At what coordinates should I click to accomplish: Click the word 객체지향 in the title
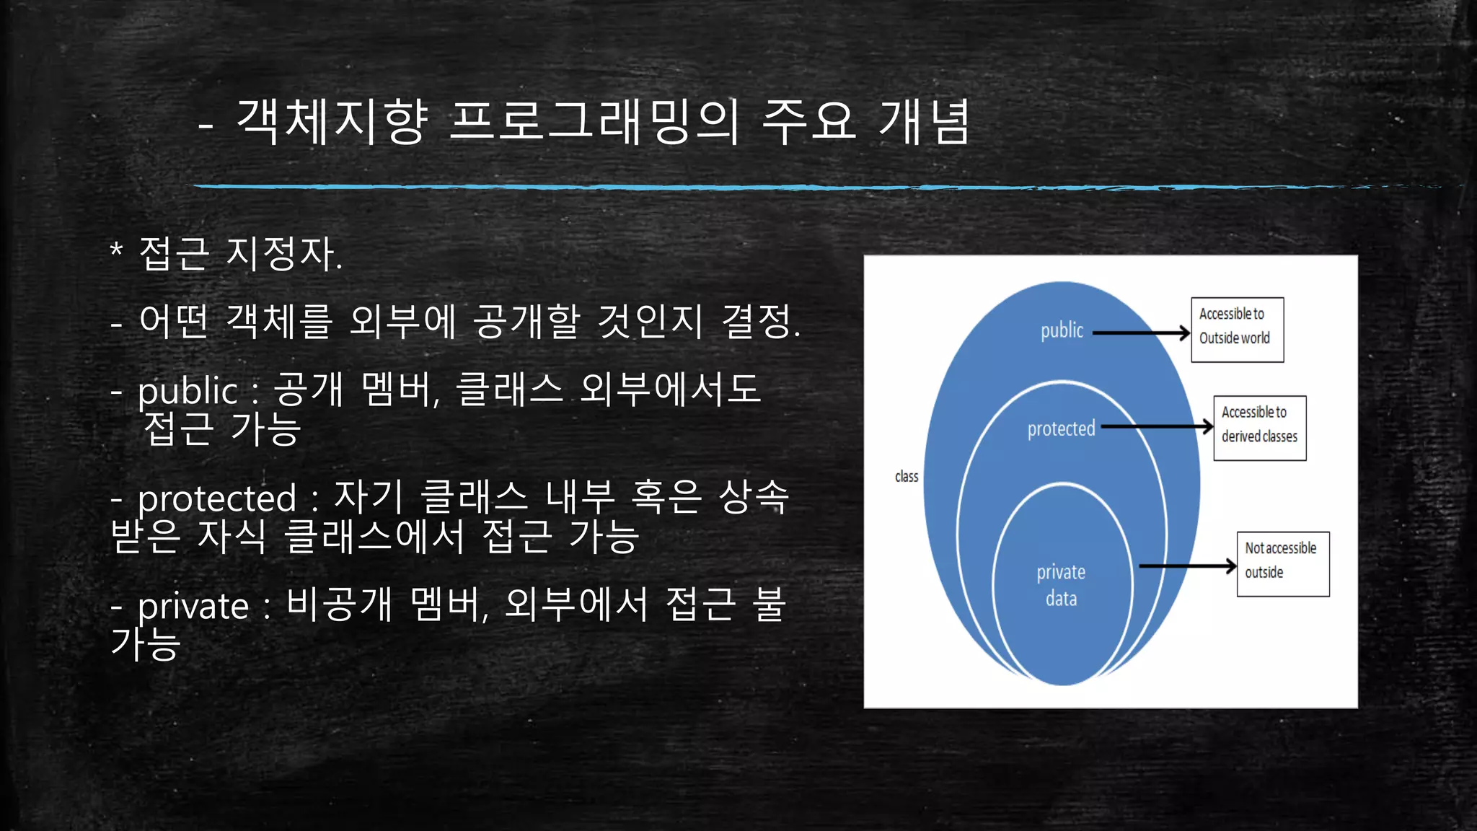point(333,121)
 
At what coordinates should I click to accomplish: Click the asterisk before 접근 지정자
point(116,252)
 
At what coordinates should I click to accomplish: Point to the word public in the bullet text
point(188,392)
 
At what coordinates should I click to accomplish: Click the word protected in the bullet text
point(217,498)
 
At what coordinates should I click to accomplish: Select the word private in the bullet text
point(193,606)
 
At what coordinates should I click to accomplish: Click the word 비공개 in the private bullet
point(339,604)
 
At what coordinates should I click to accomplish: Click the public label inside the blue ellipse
point(1062,330)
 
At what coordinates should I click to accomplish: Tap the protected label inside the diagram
point(1061,428)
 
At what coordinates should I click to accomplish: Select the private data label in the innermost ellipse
point(1061,585)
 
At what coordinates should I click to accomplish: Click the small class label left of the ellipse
point(907,477)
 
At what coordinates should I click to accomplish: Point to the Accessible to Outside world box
point(1237,330)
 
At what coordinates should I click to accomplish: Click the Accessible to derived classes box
point(1259,428)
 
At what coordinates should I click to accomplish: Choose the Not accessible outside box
point(1282,564)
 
